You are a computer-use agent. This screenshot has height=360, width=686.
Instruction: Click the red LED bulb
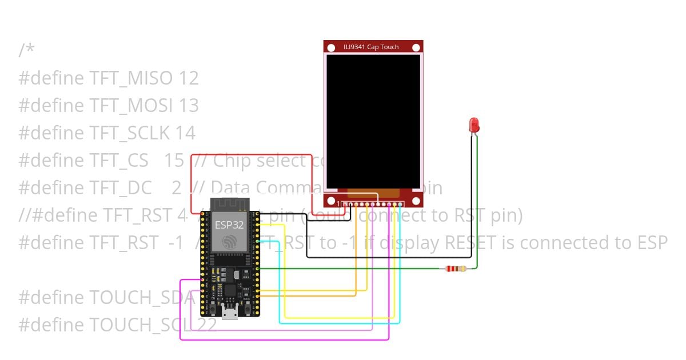click(474, 125)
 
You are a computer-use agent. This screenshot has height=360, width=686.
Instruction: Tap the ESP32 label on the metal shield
click(229, 225)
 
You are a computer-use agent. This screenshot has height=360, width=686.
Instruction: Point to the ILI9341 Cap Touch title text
click(371, 47)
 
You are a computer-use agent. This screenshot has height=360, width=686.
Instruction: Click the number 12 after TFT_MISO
click(189, 78)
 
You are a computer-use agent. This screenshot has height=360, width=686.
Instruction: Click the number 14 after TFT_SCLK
click(185, 133)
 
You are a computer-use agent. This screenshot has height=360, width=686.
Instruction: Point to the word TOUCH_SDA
click(142, 298)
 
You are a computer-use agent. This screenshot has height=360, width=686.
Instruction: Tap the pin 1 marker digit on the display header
click(338, 204)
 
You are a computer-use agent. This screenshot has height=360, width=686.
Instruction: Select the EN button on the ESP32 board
click(212, 309)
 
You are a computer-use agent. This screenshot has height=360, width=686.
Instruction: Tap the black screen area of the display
click(373, 120)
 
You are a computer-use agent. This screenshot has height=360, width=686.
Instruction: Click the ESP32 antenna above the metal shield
click(230, 204)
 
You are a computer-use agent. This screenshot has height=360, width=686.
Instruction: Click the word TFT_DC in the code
click(121, 188)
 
